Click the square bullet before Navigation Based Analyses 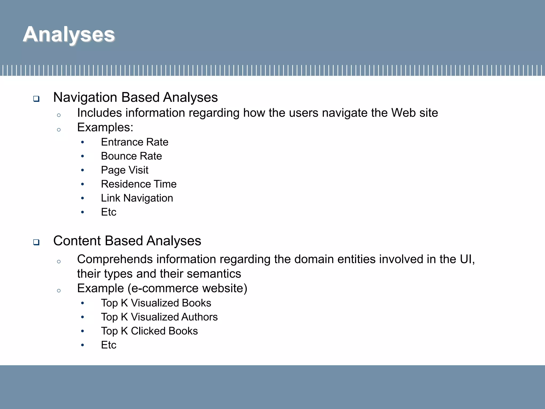point(36,99)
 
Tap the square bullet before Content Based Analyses point(36,242)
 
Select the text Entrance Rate point(134,142)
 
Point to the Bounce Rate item point(131,156)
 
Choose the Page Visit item point(125,170)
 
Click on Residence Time point(139,184)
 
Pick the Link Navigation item point(137,198)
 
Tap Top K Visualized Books point(156,303)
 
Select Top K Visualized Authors point(159,317)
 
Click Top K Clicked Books point(149,331)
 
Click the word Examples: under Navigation point(105,127)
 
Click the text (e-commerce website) point(187,288)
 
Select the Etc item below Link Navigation point(109,212)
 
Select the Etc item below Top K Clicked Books point(109,345)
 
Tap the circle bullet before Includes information point(59,115)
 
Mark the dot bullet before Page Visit point(82,170)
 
